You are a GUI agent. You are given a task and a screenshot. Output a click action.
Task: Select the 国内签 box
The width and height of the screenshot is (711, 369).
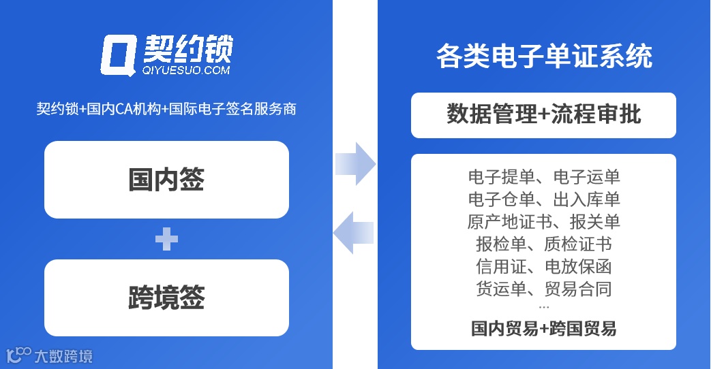coord(166,180)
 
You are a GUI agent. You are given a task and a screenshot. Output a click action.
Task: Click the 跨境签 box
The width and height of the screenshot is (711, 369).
coord(166,298)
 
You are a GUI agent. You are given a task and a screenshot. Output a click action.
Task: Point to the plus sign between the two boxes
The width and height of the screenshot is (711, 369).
coord(166,239)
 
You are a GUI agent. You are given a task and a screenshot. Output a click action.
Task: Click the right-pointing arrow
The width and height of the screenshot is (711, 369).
coord(355,164)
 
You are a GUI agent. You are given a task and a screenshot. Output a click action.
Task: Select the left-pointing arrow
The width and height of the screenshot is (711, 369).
coord(354,232)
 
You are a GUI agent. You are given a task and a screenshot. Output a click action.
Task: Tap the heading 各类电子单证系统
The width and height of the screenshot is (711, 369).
coord(543,56)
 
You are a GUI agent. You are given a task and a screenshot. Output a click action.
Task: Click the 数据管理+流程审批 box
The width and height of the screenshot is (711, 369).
coord(543,115)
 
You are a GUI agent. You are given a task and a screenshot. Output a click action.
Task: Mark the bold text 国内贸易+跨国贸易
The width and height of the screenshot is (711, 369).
coord(543,328)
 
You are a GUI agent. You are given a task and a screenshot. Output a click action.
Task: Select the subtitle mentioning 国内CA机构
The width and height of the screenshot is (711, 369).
coord(166,108)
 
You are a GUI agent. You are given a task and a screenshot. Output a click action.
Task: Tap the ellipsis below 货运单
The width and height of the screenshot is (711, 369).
coord(543,307)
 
